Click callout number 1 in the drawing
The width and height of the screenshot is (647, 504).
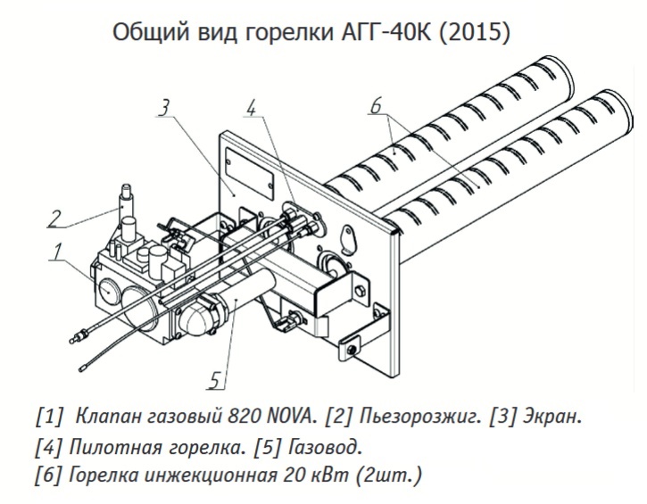click(x=56, y=253)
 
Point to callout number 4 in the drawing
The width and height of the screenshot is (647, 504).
click(x=252, y=108)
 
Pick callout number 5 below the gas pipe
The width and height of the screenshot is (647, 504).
click(x=213, y=381)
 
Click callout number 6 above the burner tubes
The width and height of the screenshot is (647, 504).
click(x=376, y=106)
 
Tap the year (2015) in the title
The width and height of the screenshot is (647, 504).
click(x=478, y=33)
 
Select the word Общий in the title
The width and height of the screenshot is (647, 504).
click(x=145, y=33)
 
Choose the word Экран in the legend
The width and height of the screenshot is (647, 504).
click(x=550, y=417)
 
